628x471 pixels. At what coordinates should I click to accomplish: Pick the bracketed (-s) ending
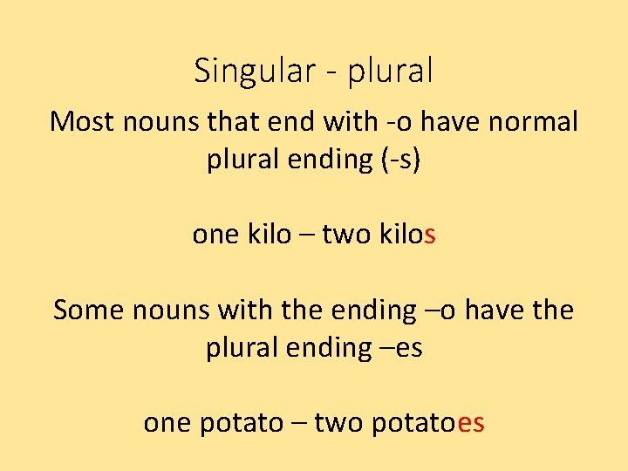tap(398, 160)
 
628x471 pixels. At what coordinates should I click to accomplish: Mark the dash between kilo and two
tap(306, 235)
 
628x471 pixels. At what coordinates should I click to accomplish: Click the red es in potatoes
tap(471, 423)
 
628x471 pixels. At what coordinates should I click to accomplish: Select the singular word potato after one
tap(242, 423)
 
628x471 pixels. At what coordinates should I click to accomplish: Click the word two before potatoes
tap(339, 423)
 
